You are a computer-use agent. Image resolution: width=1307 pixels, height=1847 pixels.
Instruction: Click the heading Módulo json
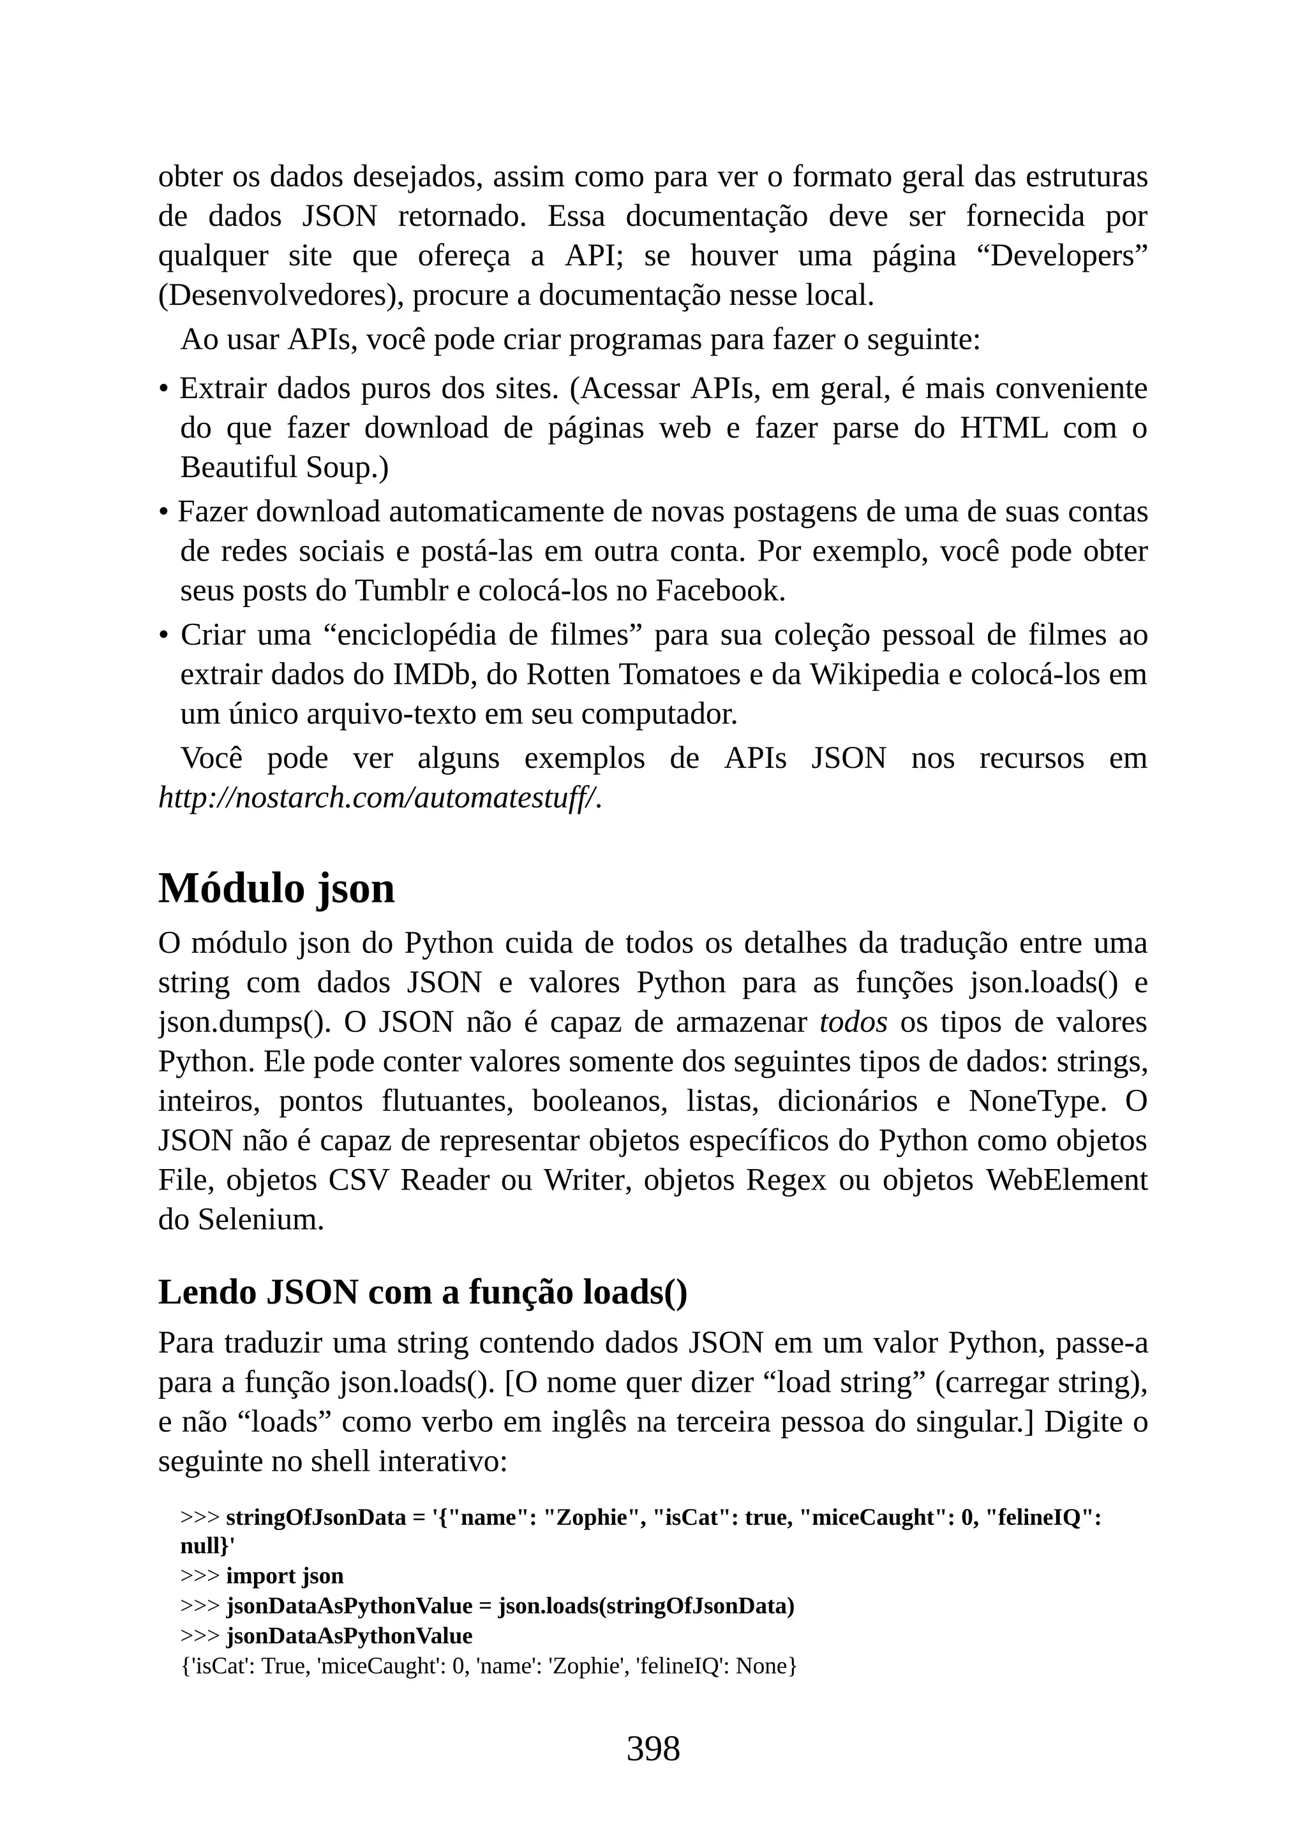click(x=276, y=889)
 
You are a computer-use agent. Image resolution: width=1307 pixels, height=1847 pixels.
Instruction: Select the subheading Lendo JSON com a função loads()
click(x=422, y=1293)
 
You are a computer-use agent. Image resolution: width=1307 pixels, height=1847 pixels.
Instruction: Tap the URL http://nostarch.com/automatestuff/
click(x=379, y=797)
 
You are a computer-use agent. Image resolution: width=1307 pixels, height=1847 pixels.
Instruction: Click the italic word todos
click(x=853, y=1022)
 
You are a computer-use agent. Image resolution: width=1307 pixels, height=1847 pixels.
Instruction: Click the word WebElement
click(x=1066, y=1179)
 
